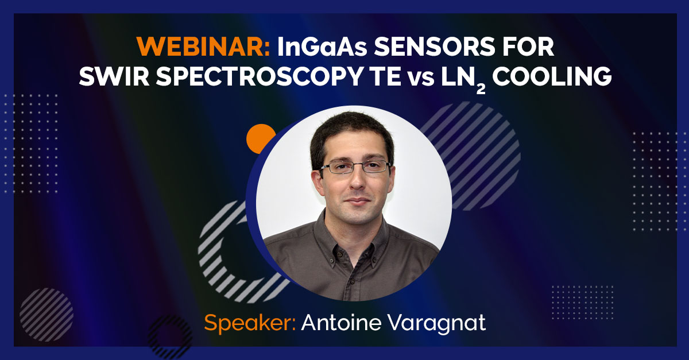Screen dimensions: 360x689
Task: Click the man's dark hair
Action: (x=350, y=129)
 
